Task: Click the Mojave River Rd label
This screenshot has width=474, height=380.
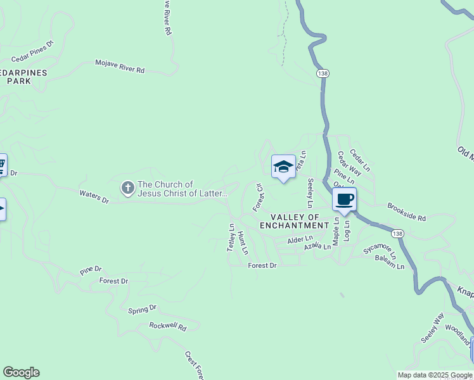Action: click(x=120, y=66)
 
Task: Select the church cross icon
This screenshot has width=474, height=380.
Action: click(x=127, y=187)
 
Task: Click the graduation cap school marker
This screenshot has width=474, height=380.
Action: click(x=283, y=167)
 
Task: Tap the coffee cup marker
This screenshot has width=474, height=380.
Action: click(x=344, y=199)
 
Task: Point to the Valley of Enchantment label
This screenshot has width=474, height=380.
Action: click(x=295, y=221)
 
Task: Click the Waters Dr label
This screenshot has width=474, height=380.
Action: click(x=94, y=197)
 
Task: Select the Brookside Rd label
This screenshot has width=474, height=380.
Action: click(x=406, y=212)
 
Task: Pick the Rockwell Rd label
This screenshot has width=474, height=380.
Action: click(x=168, y=327)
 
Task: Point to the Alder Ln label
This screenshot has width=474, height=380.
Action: click(x=300, y=239)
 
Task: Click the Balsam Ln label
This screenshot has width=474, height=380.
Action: click(x=390, y=262)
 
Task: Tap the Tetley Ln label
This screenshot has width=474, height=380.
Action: click(x=231, y=238)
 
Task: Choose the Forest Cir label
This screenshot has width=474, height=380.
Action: click(x=258, y=198)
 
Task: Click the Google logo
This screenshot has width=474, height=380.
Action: click(x=21, y=372)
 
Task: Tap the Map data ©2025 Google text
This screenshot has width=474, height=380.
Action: click(x=435, y=375)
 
